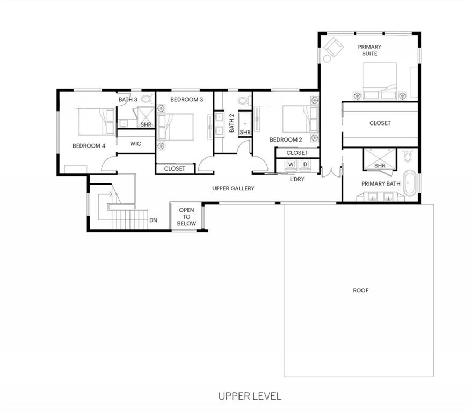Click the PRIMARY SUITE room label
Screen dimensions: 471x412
pos(369,50)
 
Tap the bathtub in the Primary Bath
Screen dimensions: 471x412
pos(410,183)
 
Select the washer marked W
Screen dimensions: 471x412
pos(291,165)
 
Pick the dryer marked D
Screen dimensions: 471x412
pos(305,165)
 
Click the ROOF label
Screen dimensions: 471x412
pos(360,290)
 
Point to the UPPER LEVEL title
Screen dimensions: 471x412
pos(250,396)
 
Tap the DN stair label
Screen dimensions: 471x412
pos(153,220)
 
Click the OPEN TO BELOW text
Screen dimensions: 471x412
pos(186,217)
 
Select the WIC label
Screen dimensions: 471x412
pos(135,144)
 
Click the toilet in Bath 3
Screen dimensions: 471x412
pos(148,99)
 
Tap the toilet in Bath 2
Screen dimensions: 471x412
pos(244,100)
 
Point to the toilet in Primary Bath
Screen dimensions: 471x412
pos(408,155)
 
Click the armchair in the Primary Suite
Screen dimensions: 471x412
pos(334,47)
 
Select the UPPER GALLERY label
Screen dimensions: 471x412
pos(233,188)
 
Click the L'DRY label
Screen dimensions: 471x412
pos(297,179)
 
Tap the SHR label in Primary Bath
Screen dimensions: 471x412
pos(380,166)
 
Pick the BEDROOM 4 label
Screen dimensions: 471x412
pos(89,146)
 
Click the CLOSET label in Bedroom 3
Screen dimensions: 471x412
pos(175,168)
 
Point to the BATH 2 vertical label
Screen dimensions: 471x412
pos(231,123)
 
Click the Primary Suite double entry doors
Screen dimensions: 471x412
pos(331,173)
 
